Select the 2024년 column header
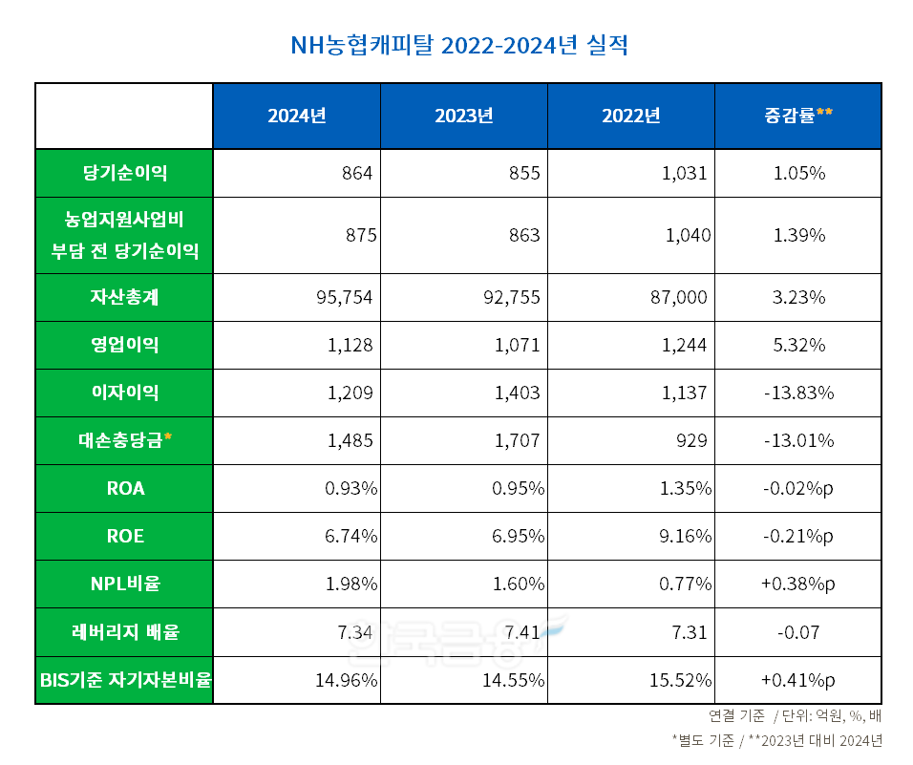click(x=296, y=116)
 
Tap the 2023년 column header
click(x=463, y=116)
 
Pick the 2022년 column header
click(x=630, y=116)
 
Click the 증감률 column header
click(x=797, y=116)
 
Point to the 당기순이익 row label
click(x=124, y=173)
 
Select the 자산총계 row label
click(x=124, y=297)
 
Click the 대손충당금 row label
click(x=124, y=440)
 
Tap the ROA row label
click(x=124, y=488)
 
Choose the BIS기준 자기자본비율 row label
click(x=124, y=680)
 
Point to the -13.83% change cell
click(x=797, y=393)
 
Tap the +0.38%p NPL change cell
click(x=797, y=584)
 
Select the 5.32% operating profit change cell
click(x=797, y=345)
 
